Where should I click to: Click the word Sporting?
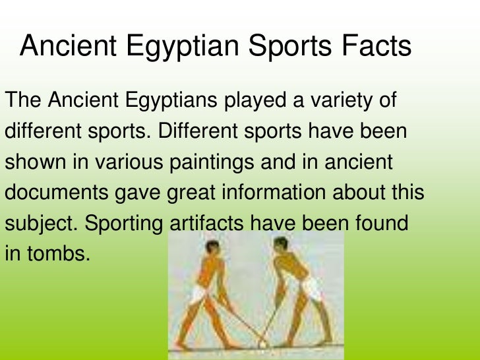tap(123, 223)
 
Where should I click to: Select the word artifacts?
tap(206, 223)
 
